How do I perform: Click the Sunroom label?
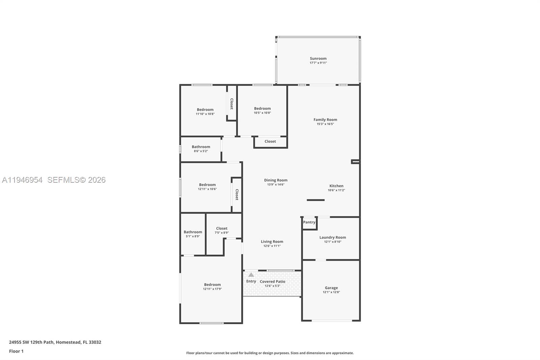point(318,58)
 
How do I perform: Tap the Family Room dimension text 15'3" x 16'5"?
point(325,124)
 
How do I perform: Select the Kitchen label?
point(336,186)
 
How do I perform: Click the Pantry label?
point(309,222)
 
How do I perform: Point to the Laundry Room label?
point(332,237)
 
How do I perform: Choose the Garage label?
point(331,288)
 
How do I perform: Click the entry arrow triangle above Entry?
point(251,275)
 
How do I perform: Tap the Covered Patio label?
point(272,281)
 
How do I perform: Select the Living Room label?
point(272,241)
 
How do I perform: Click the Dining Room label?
point(275,180)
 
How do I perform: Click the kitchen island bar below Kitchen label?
point(316,200)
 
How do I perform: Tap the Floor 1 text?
point(16,351)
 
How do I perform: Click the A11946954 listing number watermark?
point(22,180)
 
